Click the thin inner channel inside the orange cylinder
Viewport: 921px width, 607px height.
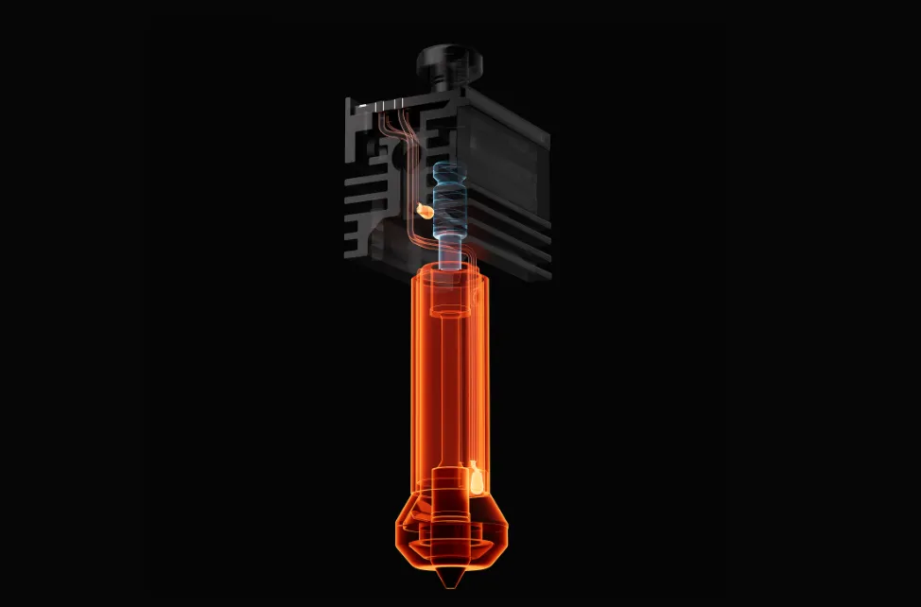click(450, 378)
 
